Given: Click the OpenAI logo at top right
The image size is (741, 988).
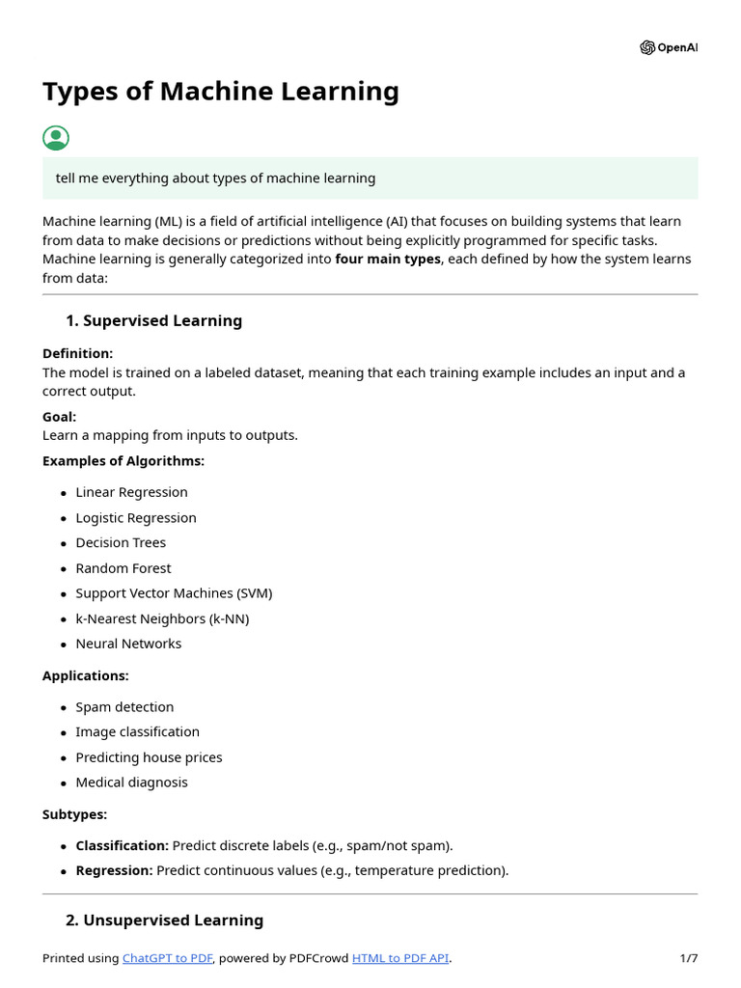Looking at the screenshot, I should point(668,47).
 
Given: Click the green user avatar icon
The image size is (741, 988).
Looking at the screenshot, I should point(56,138).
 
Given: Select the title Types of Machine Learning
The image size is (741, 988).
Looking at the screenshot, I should point(220,92).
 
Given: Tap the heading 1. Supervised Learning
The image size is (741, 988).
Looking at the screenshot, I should point(153,320).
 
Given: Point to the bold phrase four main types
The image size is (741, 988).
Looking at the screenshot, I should point(387,260).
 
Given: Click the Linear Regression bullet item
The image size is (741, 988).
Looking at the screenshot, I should point(131,492).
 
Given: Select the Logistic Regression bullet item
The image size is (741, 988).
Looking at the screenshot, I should point(136,518).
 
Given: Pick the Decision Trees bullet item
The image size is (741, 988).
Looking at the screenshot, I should point(121,543).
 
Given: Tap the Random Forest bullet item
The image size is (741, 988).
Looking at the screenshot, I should point(123,568).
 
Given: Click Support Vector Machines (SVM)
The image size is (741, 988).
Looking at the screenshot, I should point(174,593).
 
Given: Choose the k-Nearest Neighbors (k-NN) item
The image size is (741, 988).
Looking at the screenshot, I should point(162,618).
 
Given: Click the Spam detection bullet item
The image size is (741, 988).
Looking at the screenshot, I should point(124,707).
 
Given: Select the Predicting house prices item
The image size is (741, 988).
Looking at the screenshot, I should point(149,757).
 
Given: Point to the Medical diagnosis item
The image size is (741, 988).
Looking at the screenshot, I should point(131,782).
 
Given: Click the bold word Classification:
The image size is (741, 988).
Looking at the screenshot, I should point(123,846).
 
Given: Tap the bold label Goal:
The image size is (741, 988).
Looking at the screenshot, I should point(59,417).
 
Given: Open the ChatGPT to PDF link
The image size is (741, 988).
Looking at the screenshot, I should point(167,958).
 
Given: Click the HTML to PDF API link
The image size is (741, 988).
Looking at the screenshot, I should point(400,958).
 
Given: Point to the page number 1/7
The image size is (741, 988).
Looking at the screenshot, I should point(688,958).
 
